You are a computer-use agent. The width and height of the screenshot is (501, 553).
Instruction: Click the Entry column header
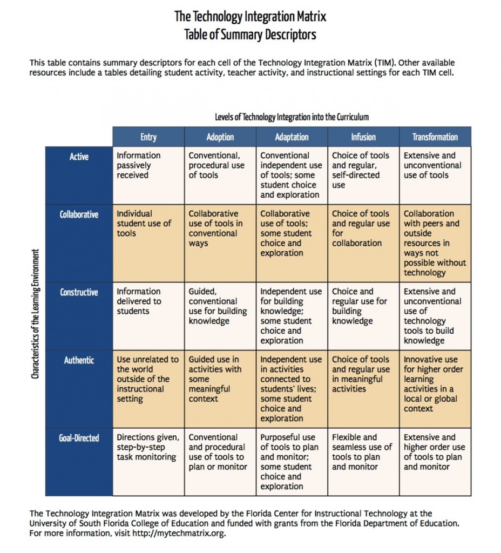point(148,137)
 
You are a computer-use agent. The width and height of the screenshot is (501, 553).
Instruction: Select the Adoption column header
point(220,137)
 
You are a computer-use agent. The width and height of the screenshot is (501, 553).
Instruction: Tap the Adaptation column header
point(292,137)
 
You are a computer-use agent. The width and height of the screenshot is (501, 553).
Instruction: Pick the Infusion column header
point(363,137)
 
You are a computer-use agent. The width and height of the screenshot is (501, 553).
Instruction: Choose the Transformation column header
point(435,137)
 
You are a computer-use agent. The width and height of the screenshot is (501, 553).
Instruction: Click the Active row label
point(79,157)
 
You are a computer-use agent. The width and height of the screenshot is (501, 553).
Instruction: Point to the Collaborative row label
point(79,214)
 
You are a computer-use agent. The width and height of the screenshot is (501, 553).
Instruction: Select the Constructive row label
point(79,292)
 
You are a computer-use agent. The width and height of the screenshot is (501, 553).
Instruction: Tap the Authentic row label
point(79,360)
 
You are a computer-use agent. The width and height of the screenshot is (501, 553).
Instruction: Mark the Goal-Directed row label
point(79,438)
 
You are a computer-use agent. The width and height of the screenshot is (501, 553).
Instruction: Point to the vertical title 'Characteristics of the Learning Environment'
point(35,314)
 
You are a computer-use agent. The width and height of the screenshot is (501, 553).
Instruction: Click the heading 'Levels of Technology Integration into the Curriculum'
point(292,117)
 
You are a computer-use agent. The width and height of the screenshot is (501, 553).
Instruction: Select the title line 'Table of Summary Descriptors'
point(250,35)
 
